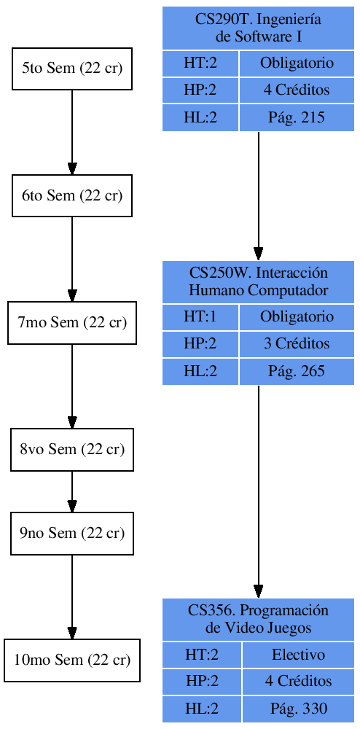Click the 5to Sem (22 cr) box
pyautogui.click(x=71, y=69)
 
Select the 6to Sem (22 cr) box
pyautogui.click(x=71, y=195)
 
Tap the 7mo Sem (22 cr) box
pyautogui.click(x=71, y=322)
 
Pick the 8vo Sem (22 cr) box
pyautogui.click(x=71, y=449)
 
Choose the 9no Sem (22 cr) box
pyautogui.click(x=71, y=533)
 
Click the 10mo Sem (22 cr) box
pyautogui.click(x=71, y=660)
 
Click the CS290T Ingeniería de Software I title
pyautogui.click(x=258, y=28)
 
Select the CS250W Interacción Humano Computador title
pyautogui.click(x=258, y=281)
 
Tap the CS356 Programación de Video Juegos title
pyautogui.click(x=258, y=619)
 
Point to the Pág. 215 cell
pyautogui.click(x=297, y=117)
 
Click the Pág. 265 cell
pyautogui.click(x=297, y=371)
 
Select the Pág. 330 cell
pyautogui.click(x=298, y=708)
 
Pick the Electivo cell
pyautogui.click(x=298, y=655)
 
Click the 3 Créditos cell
pyautogui.click(x=297, y=343)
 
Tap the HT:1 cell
pyautogui.click(x=200, y=316)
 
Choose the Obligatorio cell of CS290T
pyautogui.click(x=297, y=63)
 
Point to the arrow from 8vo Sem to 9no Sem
pyautogui.click(x=71, y=491)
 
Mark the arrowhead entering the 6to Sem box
pyautogui.click(x=71, y=168)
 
